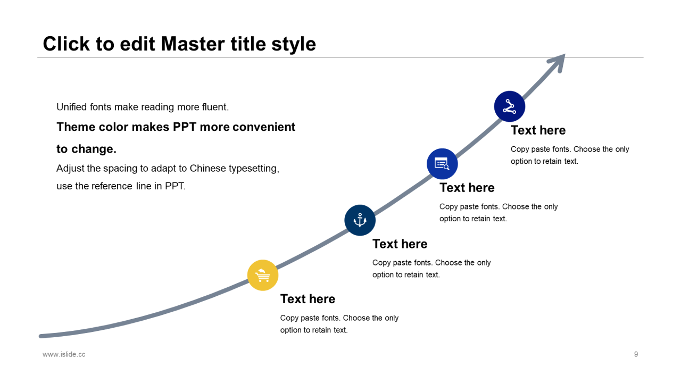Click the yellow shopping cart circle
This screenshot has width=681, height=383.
pyautogui.click(x=263, y=276)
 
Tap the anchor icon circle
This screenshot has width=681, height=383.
pyautogui.click(x=360, y=220)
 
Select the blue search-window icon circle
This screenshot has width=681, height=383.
pyautogui.click(x=442, y=164)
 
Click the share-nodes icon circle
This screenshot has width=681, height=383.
pyautogui.click(x=510, y=106)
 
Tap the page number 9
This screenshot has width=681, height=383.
pyautogui.click(x=636, y=354)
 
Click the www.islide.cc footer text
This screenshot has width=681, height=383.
pyautogui.click(x=64, y=354)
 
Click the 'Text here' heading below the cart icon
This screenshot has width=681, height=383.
pyautogui.click(x=308, y=299)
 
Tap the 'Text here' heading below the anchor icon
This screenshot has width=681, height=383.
pyautogui.click(x=400, y=244)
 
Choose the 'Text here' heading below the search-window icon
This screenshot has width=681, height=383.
pyautogui.click(x=467, y=188)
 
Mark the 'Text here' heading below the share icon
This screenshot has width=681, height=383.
pyautogui.click(x=538, y=130)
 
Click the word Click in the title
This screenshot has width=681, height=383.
pyautogui.click(x=67, y=44)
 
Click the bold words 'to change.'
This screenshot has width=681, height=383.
pyautogui.click(x=86, y=149)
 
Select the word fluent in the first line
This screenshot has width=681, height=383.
pyautogui.click(x=215, y=107)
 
